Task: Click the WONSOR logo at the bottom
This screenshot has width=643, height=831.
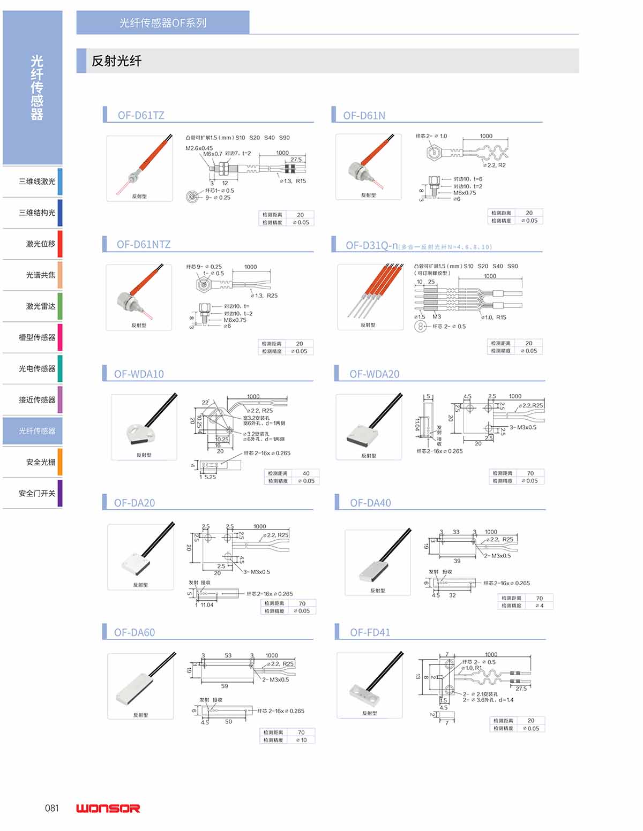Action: click(x=108, y=808)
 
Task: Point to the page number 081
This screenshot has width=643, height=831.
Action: click(x=52, y=808)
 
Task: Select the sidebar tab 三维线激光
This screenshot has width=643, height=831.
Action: click(x=37, y=182)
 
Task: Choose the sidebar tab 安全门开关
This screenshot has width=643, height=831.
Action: click(x=37, y=493)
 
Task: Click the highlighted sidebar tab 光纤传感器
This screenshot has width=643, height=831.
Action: click(x=37, y=431)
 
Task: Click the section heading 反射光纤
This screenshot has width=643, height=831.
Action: click(x=116, y=61)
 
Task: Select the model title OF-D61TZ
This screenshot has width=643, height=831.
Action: click(x=141, y=115)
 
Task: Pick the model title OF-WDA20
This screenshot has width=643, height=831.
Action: click(x=374, y=374)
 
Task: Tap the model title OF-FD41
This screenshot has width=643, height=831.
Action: click(x=370, y=632)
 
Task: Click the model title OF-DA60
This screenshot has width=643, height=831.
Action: click(x=134, y=632)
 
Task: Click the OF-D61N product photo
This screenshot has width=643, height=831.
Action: click(x=368, y=167)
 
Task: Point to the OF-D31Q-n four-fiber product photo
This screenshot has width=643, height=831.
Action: click(x=370, y=297)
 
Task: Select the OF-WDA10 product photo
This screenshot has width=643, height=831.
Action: click(x=144, y=427)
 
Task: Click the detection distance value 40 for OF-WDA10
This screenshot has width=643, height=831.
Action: click(x=306, y=473)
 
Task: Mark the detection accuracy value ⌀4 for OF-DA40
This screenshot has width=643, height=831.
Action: click(x=539, y=606)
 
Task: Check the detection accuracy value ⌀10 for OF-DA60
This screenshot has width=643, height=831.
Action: click(x=302, y=740)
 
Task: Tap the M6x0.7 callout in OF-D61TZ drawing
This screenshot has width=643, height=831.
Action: click(x=212, y=154)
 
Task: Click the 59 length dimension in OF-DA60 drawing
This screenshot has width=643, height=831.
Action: click(x=225, y=686)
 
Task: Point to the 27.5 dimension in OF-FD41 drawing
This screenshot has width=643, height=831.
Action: click(x=521, y=689)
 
